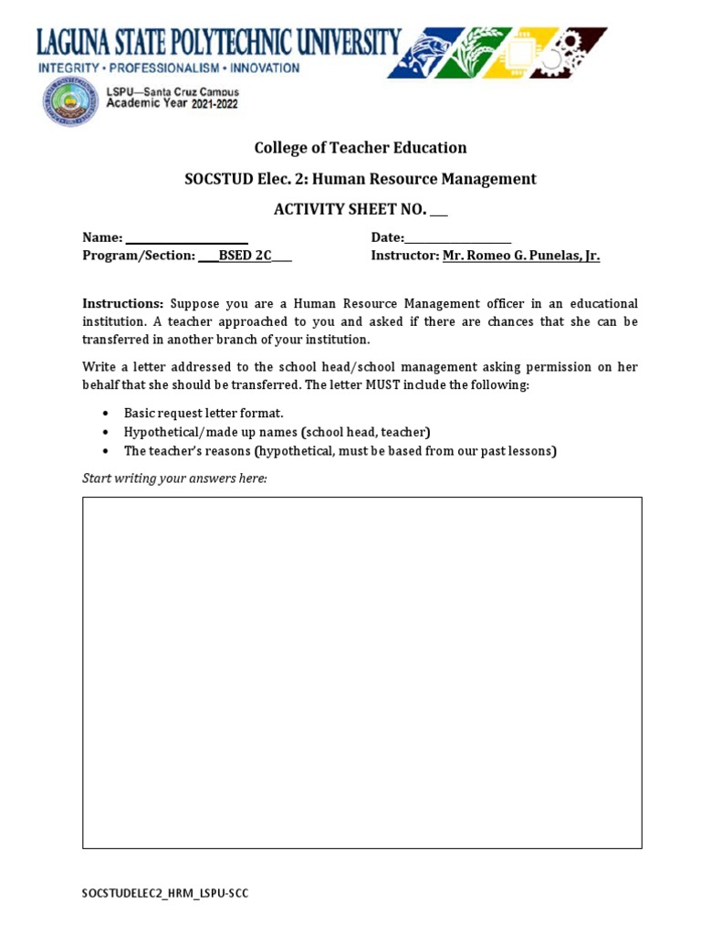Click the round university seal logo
click(70, 101)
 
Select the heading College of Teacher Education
click(360, 148)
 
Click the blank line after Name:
click(187, 238)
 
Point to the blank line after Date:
click(458, 238)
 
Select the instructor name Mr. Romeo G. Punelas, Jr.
click(521, 256)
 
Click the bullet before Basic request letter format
click(107, 414)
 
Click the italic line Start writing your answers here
click(174, 478)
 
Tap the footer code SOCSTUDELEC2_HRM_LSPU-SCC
click(164, 893)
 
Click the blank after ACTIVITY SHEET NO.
click(439, 210)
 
